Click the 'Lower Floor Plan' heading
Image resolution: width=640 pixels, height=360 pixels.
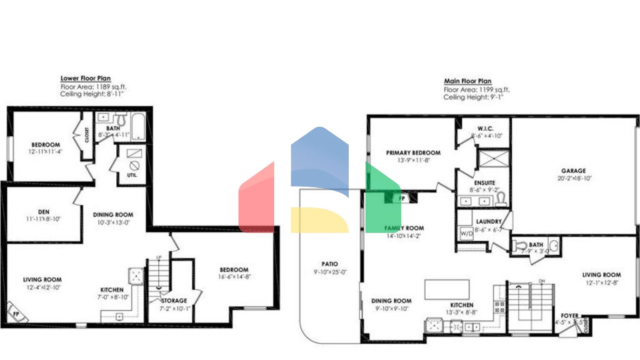pyautogui.click(x=85, y=78)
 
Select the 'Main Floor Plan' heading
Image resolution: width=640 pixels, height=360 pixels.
pyautogui.click(x=467, y=81)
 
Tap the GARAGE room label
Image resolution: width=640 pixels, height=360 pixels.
pyautogui.click(x=573, y=171)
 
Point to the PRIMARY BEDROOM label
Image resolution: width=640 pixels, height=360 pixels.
pyautogui.click(x=413, y=153)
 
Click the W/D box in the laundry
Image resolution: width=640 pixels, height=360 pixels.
pyautogui.click(x=466, y=234)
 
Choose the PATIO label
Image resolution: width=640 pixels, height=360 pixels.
pyautogui.click(x=330, y=264)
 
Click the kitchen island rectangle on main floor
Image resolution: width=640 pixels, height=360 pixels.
pyautogui.click(x=447, y=289)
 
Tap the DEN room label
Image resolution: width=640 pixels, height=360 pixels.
pyautogui.click(x=44, y=212)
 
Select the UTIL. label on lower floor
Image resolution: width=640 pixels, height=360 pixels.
pyautogui.click(x=132, y=175)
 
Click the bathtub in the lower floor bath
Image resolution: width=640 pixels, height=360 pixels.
pyautogui.click(x=138, y=126)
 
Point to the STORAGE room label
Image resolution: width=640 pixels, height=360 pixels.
pyautogui.click(x=174, y=301)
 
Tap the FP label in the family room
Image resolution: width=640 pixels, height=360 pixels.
pyautogui.click(x=402, y=198)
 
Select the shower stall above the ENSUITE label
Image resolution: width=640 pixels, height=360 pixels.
pyautogui.click(x=493, y=159)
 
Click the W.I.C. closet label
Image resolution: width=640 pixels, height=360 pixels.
pyautogui.click(x=485, y=129)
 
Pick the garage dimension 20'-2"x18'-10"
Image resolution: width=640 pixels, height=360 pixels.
pyautogui.click(x=574, y=178)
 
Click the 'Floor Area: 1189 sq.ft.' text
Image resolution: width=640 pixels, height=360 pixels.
pyautogui.click(x=93, y=87)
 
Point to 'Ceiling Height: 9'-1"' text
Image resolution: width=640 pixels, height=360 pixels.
pyautogui.click(x=473, y=97)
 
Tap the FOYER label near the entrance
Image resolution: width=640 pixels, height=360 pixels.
pyautogui.click(x=570, y=316)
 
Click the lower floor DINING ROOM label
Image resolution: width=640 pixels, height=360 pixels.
pyautogui.click(x=113, y=215)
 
